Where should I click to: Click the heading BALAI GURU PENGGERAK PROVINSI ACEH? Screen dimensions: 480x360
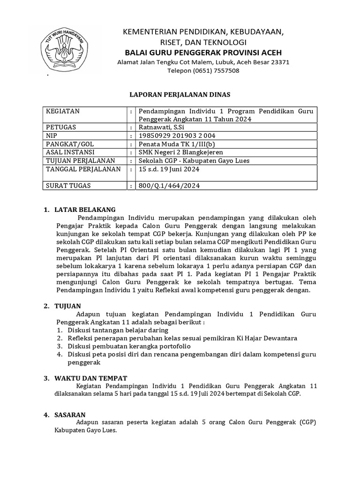pyautogui.click(x=203, y=52)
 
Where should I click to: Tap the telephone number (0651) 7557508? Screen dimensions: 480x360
pyautogui.click(x=203, y=71)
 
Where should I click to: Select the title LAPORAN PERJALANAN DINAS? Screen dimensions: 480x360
pyautogui.click(x=180, y=94)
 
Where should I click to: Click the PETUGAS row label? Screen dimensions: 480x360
pyautogui.click(x=60, y=127)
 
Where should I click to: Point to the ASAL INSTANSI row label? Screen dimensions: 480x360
pyautogui.click(x=70, y=152)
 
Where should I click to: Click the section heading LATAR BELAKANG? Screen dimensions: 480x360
pyautogui.click(x=85, y=209)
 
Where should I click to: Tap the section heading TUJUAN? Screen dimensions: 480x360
pyautogui.click(x=68, y=306)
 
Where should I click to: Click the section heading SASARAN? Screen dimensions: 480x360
pyautogui.click(x=70, y=414)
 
